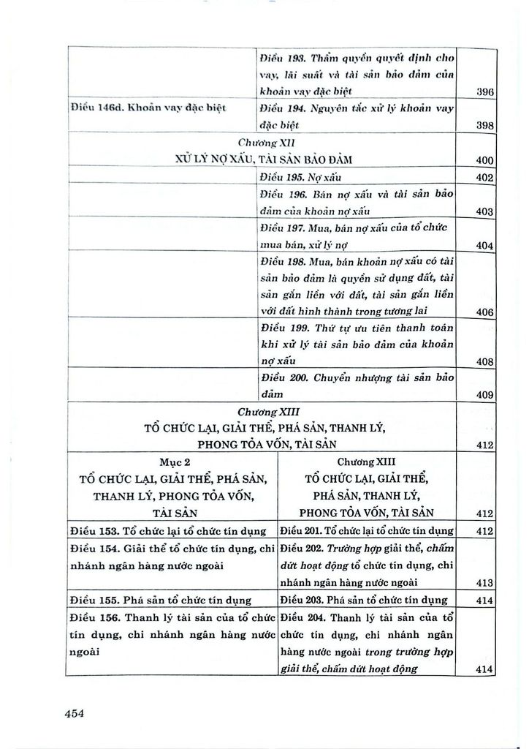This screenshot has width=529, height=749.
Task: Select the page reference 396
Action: (x=485, y=92)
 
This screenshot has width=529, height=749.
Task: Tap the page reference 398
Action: (x=485, y=126)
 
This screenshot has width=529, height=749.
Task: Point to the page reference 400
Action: (x=485, y=160)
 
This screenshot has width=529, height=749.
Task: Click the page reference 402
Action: (x=485, y=178)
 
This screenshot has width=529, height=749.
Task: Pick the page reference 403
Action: (x=485, y=211)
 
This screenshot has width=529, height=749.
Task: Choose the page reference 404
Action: (x=485, y=246)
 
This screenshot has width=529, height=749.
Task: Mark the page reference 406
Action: (x=485, y=313)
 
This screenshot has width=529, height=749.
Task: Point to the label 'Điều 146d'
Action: (x=98, y=109)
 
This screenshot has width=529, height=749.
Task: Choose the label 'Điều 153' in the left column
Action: (x=92, y=530)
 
